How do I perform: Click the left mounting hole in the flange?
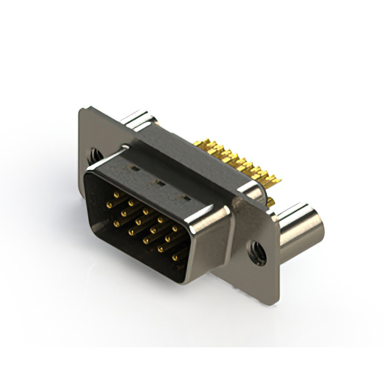pyautogui.click(x=96, y=155)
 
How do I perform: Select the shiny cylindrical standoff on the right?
pyautogui.click(x=298, y=231)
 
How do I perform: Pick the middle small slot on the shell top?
pyautogui.click(x=158, y=182)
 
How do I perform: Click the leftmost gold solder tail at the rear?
pyautogui.click(x=199, y=144)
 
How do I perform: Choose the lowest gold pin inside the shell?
pyautogui.click(x=175, y=258)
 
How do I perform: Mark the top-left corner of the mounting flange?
pyautogui.click(x=82, y=110)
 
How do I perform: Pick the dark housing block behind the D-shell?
pyautogui.click(x=183, y=155)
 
